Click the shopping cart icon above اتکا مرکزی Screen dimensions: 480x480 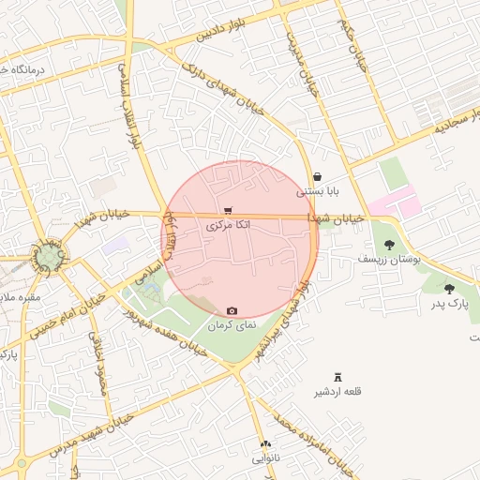click(228, 211)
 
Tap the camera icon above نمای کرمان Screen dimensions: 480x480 click(232, 311)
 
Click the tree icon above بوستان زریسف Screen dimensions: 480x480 click(389, 245)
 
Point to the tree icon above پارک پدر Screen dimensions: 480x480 click(449, 290)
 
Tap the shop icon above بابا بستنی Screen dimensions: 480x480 click(317, 176)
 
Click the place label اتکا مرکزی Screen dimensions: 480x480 click(228, 226)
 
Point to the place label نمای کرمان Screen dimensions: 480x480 click(232, 325)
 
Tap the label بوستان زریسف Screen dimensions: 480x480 click(389, 258)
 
